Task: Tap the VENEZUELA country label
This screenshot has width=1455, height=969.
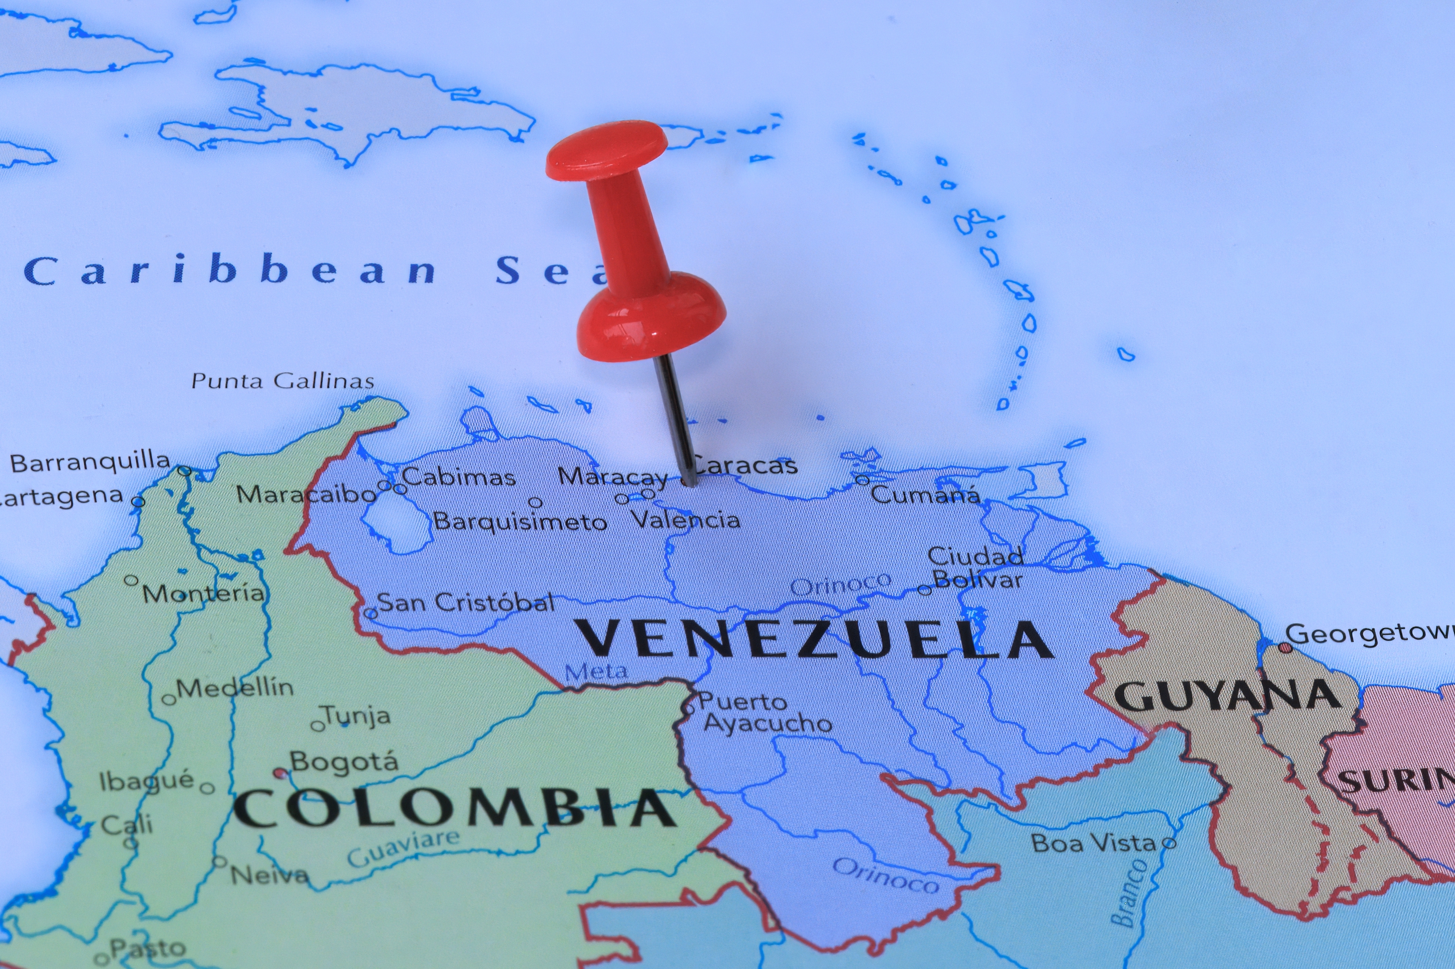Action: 815,639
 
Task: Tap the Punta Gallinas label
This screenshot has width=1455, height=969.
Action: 282,381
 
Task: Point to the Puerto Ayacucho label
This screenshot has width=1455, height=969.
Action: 765,713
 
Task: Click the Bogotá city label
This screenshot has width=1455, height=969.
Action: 344,761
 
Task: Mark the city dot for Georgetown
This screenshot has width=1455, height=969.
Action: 1285,648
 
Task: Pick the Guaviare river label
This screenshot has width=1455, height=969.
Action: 403,849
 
